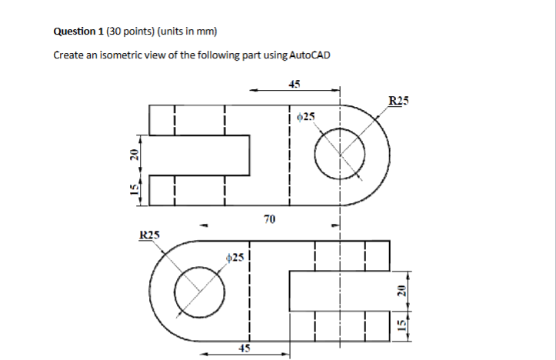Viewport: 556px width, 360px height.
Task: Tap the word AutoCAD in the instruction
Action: (311, 55)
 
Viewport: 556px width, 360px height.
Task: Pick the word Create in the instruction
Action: (68, 55)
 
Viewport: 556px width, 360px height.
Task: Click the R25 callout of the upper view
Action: (400, 100)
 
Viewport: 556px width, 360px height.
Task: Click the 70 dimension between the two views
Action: (268, 220)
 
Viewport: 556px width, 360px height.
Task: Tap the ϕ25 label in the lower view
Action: (236, 257)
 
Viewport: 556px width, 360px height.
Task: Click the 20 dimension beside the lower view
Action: (401, 291)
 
